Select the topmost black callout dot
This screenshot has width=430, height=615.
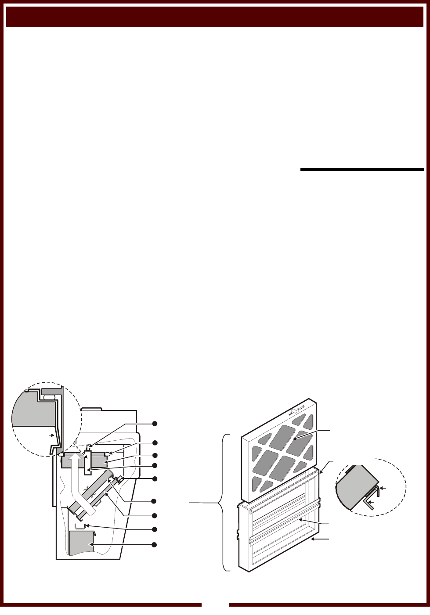154,423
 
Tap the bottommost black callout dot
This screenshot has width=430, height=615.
154,545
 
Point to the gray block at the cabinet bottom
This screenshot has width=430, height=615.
81,543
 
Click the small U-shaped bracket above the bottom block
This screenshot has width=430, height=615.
79,526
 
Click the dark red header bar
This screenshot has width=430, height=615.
215,17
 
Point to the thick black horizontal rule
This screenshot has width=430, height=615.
362,169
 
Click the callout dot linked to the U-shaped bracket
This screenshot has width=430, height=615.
154,529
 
